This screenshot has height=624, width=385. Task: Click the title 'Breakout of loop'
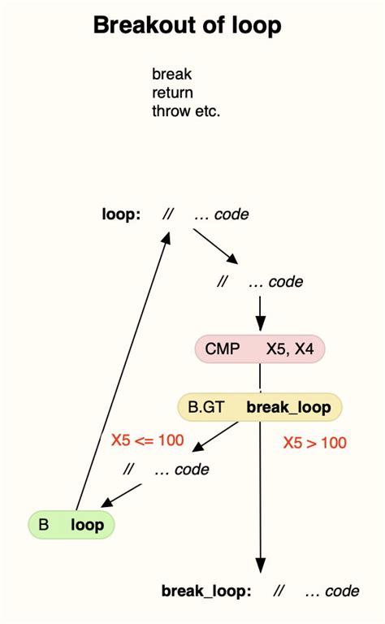187,25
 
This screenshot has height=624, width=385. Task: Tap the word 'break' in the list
171,74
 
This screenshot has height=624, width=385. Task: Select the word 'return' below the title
172,92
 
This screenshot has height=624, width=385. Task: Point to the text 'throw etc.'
186,110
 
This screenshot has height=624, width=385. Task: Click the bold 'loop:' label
121,215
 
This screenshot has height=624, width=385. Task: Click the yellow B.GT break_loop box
260,407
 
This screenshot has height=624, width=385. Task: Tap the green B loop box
71,524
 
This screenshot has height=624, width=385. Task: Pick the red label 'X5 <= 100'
147,441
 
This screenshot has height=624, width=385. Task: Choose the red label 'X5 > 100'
314,443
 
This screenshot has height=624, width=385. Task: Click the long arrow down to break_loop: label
260,504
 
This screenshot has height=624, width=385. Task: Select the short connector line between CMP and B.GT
260,378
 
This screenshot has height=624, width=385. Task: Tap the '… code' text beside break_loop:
331,591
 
